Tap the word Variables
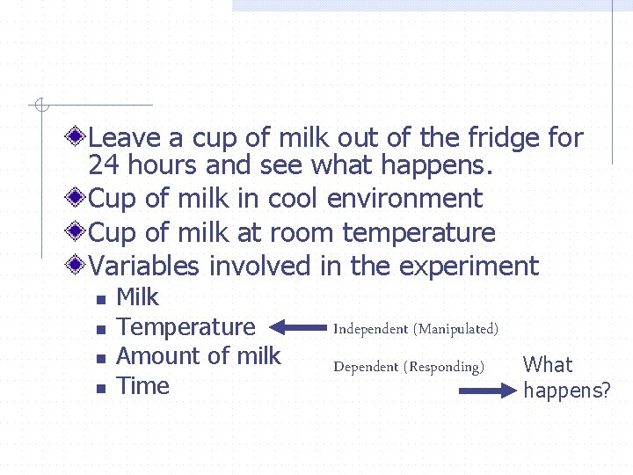tap(144, 266)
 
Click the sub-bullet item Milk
tap(137, 297)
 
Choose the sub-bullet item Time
tap(142, 386)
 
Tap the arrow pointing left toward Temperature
tap(296, 328)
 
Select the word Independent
tap(370, 329)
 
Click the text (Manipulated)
tap(457, 329)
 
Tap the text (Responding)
tap(444, 367)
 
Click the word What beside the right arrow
tap(548, 365)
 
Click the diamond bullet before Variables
tap(77, 264)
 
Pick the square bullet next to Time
tap(100, 388)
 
